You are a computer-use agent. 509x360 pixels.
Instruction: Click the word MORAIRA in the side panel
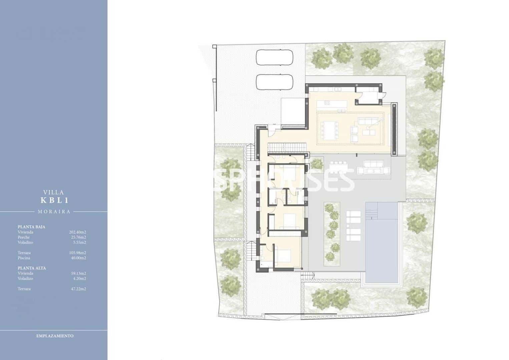point(54,212)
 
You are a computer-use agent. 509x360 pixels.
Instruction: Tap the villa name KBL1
point(54,201)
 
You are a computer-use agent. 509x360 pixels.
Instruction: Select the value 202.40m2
point(77,232)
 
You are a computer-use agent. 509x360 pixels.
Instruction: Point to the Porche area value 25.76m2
point(78,237)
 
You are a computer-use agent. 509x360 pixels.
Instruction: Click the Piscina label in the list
point(24,258)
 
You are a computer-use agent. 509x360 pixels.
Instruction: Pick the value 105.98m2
point(77,253)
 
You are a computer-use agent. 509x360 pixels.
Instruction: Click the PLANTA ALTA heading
point(32,268)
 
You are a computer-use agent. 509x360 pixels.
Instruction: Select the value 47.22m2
point(78,289)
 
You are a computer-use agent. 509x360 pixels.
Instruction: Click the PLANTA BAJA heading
point(31,227)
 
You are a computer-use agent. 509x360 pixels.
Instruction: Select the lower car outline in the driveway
point(275,82)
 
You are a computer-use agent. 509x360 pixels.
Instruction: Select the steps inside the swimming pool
point(373,211)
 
